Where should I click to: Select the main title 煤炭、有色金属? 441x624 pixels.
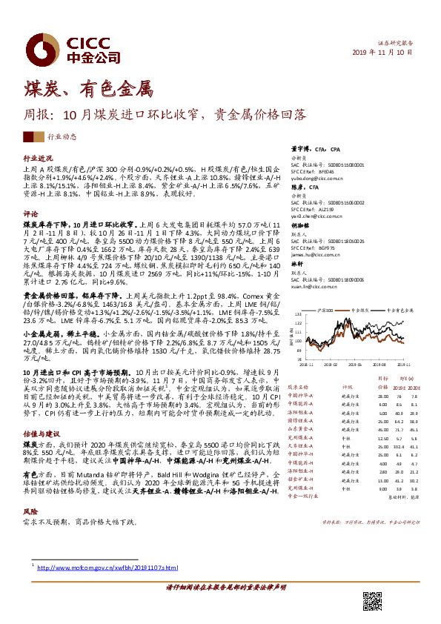[88, 90]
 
